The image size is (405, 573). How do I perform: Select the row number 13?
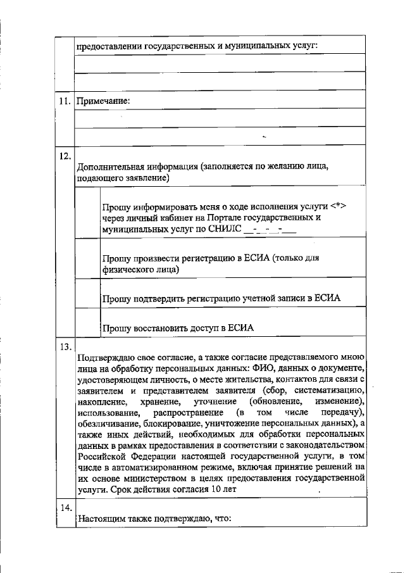pyautogui.click(x=64, y=346)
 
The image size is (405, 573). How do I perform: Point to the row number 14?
pyautogui.click(x=64, y=508)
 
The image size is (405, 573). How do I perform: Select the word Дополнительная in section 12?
pyautogui.click(x=108, y=168)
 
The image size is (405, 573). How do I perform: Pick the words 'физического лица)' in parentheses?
pyautogui.click(x=140, y=270)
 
